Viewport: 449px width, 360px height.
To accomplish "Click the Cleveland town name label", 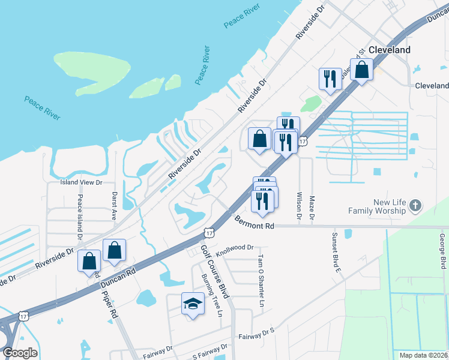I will [x=390, y=50].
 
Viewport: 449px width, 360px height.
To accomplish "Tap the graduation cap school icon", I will [x=193, y=304].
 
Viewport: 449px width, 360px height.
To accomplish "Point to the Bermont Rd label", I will [x=254, y=222].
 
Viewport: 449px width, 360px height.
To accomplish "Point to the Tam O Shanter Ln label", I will [x=261, y=280].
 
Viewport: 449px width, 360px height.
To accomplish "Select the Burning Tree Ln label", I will [x=212, y=296].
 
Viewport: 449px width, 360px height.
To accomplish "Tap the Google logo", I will [x=20, y=353].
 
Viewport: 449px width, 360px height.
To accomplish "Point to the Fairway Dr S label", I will [x=256, y=335].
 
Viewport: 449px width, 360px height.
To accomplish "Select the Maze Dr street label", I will [x=312, y=208].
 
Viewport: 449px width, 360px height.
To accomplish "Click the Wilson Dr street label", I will [x=298, y=205].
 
